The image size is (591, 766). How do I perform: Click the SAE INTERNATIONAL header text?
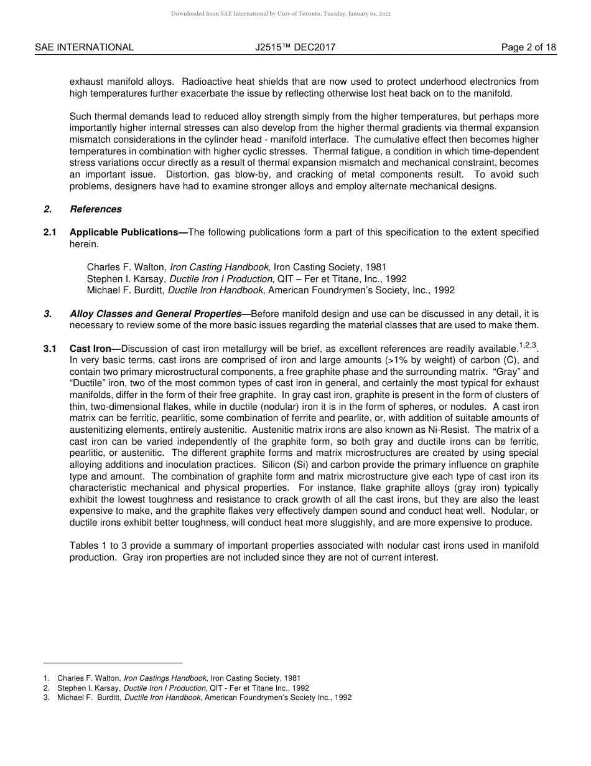84,47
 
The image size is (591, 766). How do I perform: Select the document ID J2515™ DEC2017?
295,47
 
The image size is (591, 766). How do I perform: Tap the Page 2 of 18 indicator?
528,47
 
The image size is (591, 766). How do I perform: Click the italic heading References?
96,209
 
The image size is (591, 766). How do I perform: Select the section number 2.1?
50,232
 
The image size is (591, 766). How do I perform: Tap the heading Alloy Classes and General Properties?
158,314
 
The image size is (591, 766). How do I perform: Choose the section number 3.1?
50,349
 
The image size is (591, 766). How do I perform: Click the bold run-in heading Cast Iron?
95,349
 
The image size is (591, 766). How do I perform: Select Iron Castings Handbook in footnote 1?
165,678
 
